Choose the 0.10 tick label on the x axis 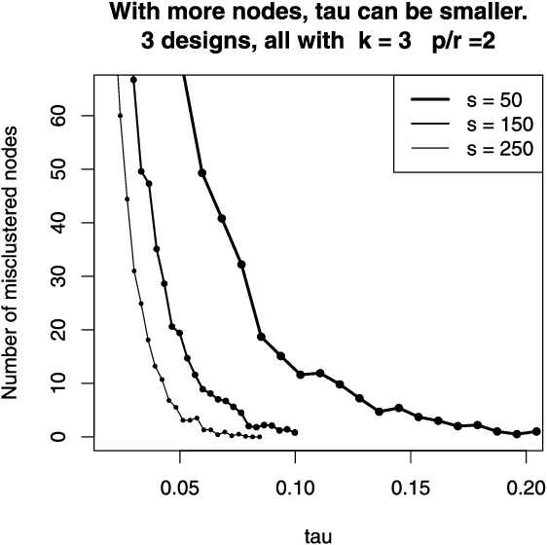295,484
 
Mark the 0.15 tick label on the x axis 411,484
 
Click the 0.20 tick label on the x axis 526,484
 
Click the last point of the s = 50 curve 536,431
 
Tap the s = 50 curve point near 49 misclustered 202,173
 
